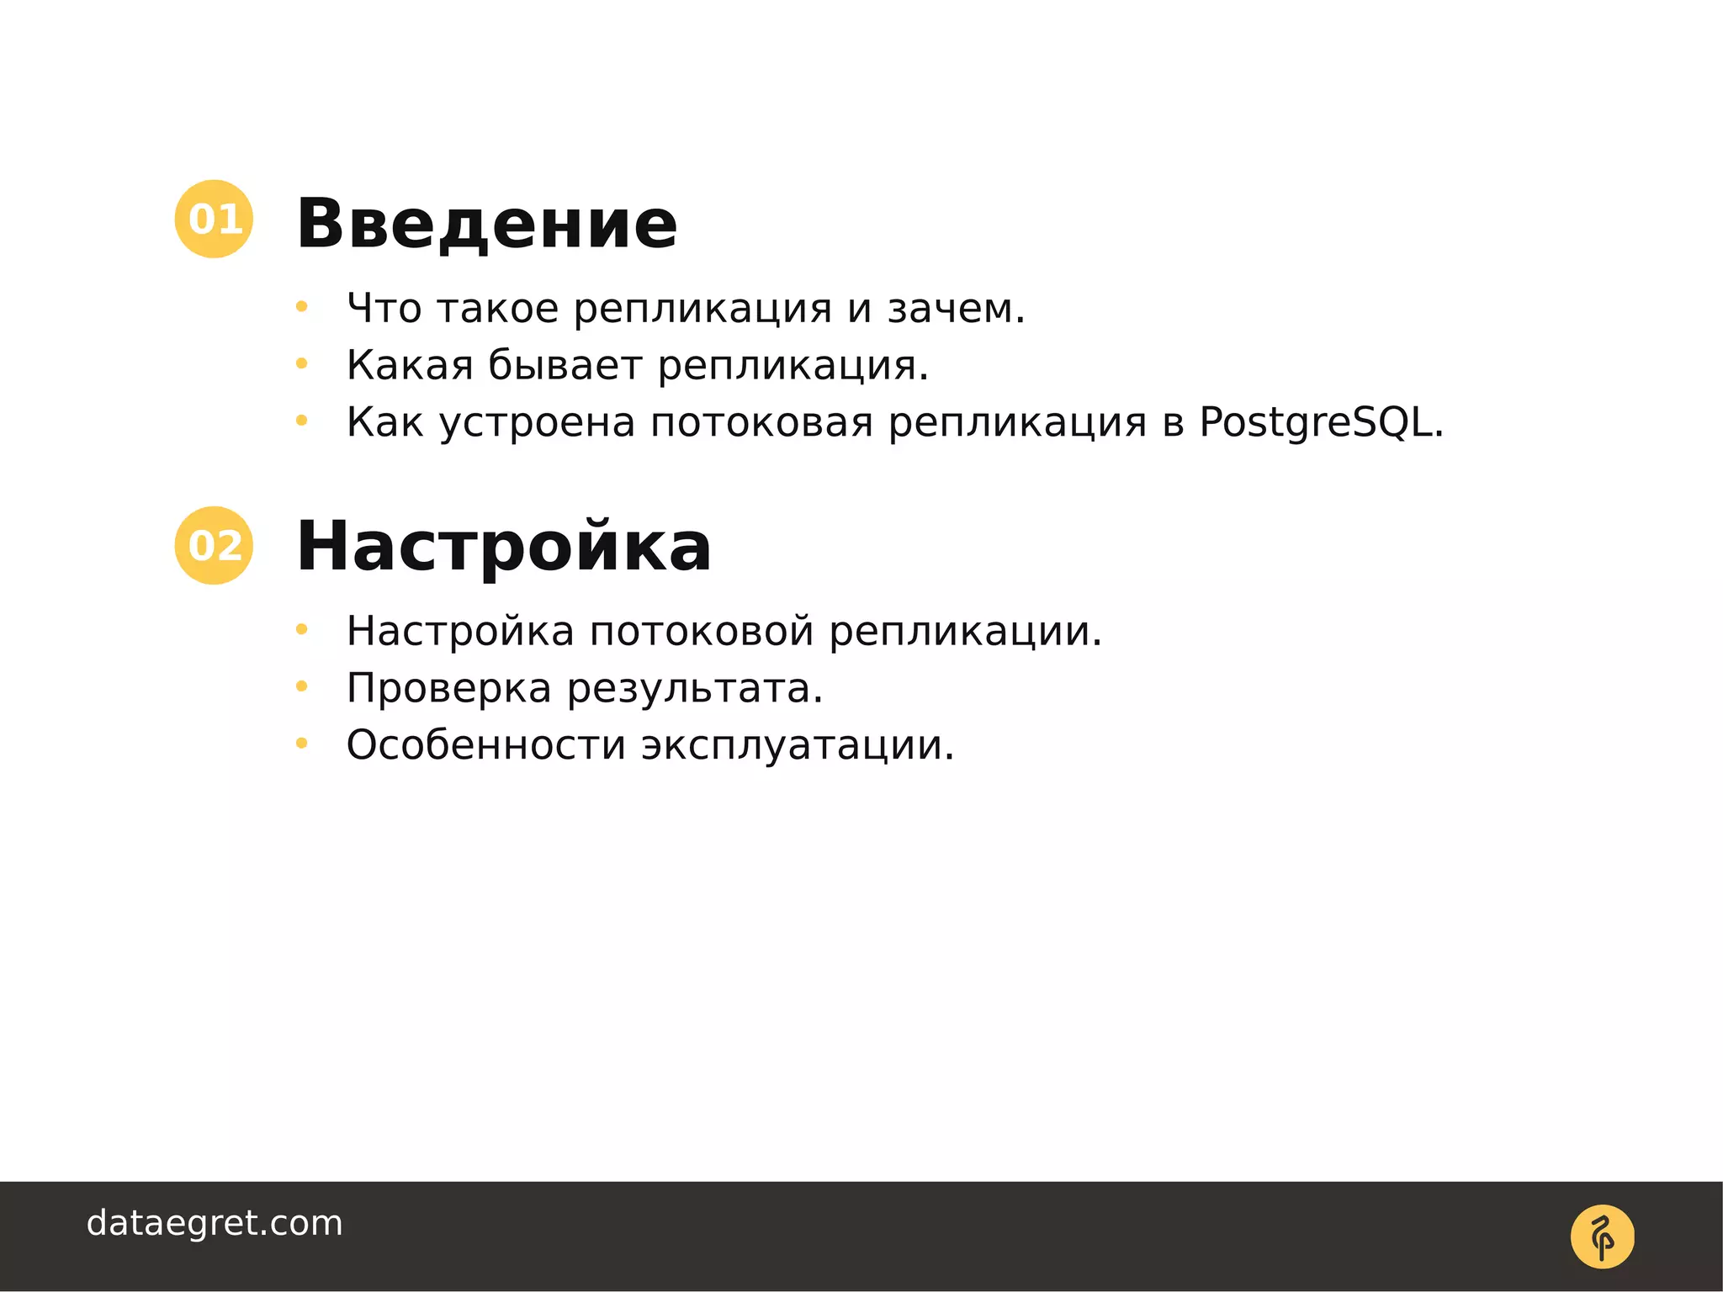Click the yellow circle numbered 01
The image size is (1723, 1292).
point(214,219)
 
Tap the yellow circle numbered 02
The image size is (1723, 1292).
point(214,545)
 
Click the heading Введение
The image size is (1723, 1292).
point(486,224)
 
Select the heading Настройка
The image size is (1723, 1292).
point(503,547)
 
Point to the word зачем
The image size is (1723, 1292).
point(956,309)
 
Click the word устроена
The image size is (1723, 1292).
point(537,422)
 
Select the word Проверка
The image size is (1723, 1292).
point(448,688)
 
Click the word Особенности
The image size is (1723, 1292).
point(485,745)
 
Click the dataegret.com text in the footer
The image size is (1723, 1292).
point(215,1223)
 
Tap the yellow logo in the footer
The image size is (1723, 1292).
point(1602,1236)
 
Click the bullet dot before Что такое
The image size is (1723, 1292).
point(301,308)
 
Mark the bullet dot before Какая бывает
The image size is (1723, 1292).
point(301,364)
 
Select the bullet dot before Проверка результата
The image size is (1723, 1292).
point(301,687)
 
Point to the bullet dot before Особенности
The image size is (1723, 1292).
point(301,744)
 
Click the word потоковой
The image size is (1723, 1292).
point(701,632)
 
